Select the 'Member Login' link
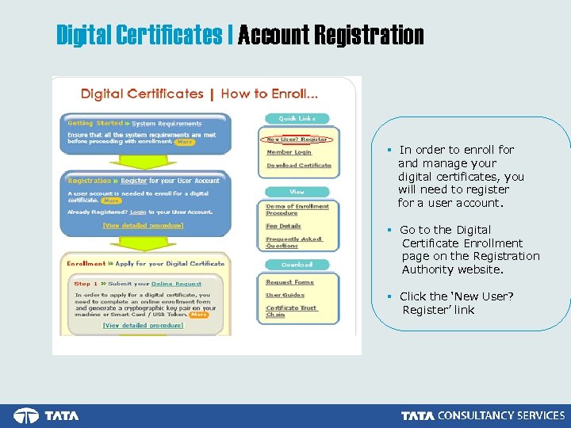click(289, 152)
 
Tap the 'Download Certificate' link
click(299, 166)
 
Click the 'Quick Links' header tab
click(297, 118)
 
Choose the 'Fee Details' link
click(284, 226)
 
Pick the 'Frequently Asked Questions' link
click(294, 242)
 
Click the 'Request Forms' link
click(289, 282)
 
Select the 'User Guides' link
click(285, 295)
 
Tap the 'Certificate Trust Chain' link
click(291, 311)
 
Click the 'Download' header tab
click(297, 265)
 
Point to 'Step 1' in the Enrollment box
click(86, 283)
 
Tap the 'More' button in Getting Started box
click(184, 143)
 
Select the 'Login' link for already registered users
click(138, 212)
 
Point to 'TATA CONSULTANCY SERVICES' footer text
click(483, 416)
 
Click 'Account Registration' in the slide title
click(331, 36)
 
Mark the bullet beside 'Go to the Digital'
click(390, 230)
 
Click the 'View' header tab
click(297, 192)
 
